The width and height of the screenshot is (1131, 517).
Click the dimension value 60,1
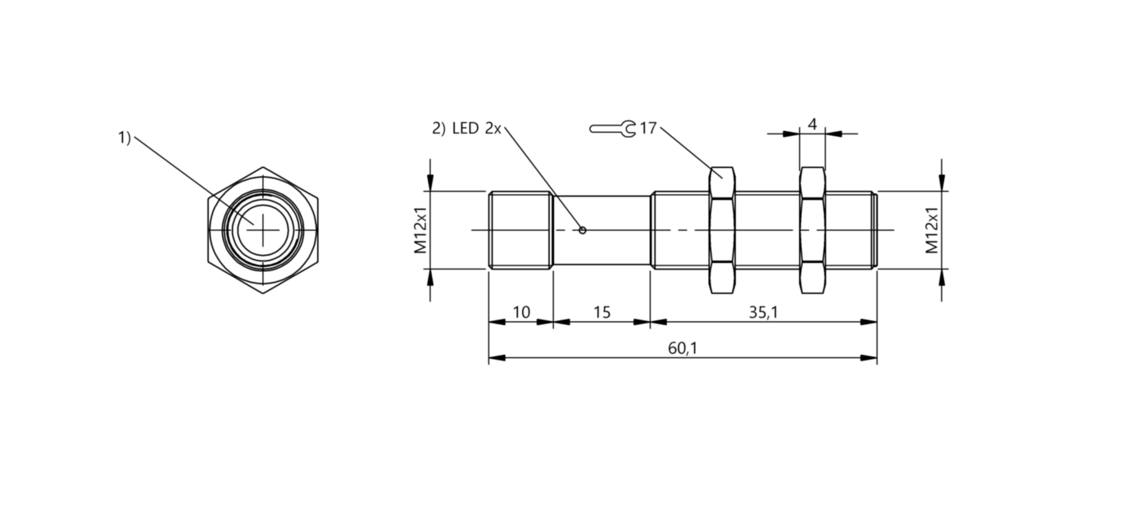pos(682,348)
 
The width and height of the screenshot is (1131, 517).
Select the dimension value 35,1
pos(763,312)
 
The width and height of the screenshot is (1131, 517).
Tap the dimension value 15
pos(602,312)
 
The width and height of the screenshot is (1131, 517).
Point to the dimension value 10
pos(521,312)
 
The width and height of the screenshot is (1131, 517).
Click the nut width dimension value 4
pos(812,125)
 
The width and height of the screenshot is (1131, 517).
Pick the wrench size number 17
pos(647,129)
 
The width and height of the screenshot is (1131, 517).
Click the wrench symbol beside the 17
pos(612,129)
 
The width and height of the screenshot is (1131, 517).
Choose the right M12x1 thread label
pos(932,230)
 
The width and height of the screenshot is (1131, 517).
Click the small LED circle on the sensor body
pos(583,230)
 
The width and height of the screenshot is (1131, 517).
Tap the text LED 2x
pos(477,129)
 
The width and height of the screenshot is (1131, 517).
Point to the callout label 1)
pos(125,138)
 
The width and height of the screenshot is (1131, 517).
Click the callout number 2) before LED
pos(438,129)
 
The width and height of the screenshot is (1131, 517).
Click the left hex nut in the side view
pos(722,230)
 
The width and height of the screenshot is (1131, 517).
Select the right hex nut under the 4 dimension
pos(812,230)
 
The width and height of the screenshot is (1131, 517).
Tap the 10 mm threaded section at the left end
pos(520,230)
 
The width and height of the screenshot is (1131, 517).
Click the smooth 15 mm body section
pos(602,230)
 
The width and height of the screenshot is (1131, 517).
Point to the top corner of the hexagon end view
pos(263,167)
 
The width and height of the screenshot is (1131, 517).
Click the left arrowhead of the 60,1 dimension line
pos(497,357)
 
